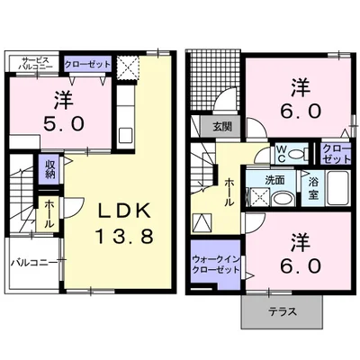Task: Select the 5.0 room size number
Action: coord(64,123)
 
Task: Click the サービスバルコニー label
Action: coord(35,63)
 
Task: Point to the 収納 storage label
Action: coord(50,169)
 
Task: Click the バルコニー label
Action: coord(34,263)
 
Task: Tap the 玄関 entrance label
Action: coord(222,127)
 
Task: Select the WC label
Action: coord(281,154)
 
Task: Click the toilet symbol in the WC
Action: coord(298,154)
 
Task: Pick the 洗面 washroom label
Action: coord(274,180)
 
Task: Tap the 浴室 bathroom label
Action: coord(313,188)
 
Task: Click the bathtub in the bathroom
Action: coord(337,188)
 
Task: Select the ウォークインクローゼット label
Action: coord(216,265)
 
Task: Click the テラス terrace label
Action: coord(283,311)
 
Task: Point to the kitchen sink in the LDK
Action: coord(126,135)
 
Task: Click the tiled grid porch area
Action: coord(215,79)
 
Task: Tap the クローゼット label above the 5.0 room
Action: coord(87,64)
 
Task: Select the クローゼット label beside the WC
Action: coord(337,154)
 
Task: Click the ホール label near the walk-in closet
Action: coord(229,192)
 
